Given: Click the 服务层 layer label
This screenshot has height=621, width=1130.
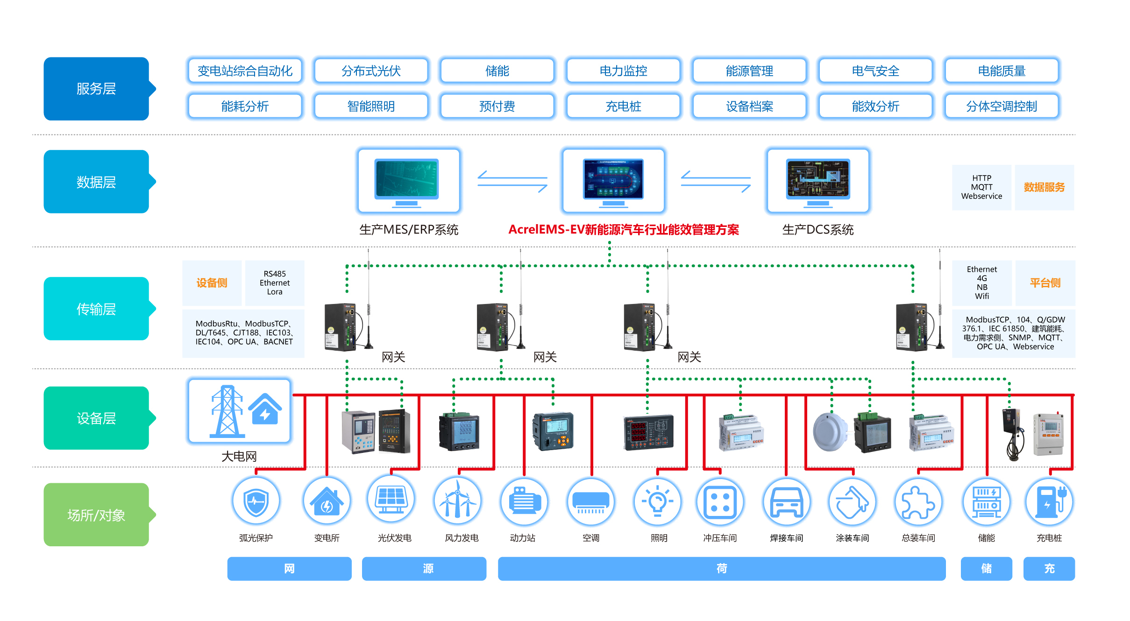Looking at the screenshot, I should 96,89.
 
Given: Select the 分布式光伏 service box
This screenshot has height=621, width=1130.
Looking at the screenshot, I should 371,71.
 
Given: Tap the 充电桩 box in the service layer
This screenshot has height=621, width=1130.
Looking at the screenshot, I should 623,106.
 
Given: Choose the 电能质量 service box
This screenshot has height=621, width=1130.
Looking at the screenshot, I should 1002,71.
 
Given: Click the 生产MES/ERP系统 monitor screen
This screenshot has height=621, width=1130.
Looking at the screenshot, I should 407,179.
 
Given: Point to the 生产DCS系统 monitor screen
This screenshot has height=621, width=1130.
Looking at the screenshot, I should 817,179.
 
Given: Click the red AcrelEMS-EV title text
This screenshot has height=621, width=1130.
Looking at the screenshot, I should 623,230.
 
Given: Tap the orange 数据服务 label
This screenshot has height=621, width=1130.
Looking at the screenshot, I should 1044,187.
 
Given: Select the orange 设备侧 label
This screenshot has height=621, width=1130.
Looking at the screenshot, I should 212,283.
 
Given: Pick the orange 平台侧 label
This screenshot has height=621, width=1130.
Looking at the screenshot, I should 1045,283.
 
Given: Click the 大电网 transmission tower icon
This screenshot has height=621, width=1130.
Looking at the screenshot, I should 227,411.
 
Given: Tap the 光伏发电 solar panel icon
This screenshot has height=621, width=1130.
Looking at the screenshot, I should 391,500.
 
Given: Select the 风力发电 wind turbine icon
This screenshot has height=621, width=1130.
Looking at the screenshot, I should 458,500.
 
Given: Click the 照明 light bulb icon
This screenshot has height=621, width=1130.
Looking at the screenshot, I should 657,501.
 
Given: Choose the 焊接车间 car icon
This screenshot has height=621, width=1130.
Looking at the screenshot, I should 787,502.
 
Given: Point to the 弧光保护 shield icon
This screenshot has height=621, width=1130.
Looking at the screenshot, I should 256,501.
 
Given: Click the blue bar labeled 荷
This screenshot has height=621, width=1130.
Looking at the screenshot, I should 721,569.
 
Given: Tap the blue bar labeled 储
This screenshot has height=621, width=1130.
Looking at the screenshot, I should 986,569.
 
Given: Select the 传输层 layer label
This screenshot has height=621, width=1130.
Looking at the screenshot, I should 96,309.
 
